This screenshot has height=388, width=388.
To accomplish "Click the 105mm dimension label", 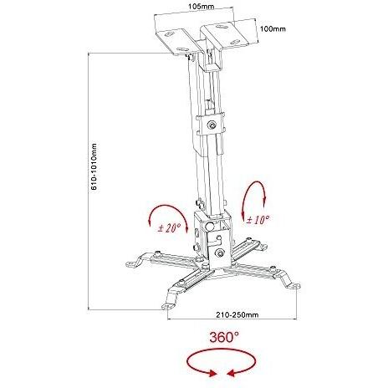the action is pyautogui.click(x=202, y=6).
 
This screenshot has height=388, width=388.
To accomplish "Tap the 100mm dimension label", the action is pyautogui.click(x=273, y=28).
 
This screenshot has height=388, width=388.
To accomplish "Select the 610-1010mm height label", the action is pyautogui.click(x=94, y=166).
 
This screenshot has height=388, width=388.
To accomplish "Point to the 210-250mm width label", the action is pyautogui.click(x=237, y=314).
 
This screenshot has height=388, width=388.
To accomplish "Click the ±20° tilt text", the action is pyautogui.click(x=170, y=228).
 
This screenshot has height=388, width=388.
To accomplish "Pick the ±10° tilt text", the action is pyautogui.click(x=258, y=220).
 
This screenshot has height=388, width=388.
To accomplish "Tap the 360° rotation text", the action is pyautogui.click(x=224, y=337).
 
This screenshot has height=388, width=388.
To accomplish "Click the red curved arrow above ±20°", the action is pyautogui.click(x=166, y=207).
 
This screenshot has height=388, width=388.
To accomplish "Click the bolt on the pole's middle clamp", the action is pyautogui.click(x=212, y=125).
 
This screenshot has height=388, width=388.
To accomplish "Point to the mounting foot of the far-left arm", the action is pyautogui.click(x=134, y=263).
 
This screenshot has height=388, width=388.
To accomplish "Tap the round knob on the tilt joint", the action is pyautogui.click(x=210, y=226).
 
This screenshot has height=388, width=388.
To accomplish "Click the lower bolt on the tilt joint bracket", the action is pyautogui.click(x=220, y=253).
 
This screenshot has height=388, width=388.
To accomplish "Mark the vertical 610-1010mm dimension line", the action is pyautogui.click(x=89, y=181).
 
